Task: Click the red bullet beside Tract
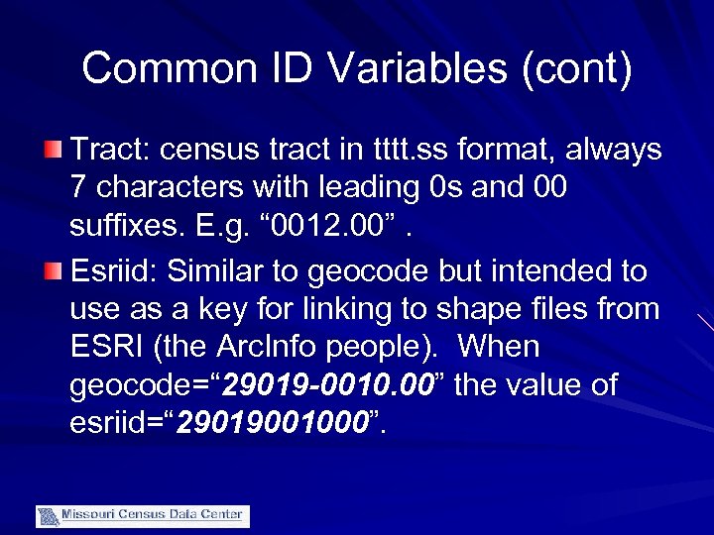point(55,150)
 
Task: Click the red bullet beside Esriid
point(55,270)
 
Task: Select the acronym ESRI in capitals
point(108,348)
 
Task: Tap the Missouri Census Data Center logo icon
point(49,516)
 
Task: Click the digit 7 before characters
point(78,189)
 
